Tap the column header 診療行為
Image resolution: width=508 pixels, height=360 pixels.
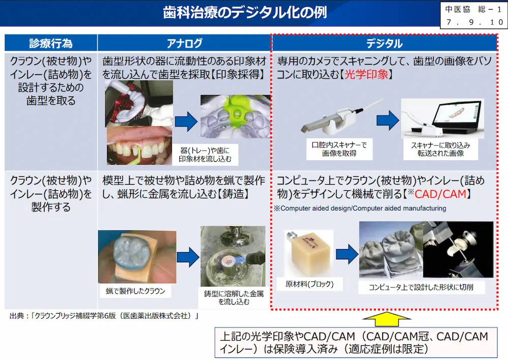point(51,43)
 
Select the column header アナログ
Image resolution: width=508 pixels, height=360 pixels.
point(184,43)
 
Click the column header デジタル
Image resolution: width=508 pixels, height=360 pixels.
point(384,43)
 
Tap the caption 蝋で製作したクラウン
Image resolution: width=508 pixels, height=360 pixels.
point(135,291)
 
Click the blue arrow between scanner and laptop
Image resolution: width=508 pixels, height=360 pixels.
point(388,120)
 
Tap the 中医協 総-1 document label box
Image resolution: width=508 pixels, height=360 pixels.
point(473,16)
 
